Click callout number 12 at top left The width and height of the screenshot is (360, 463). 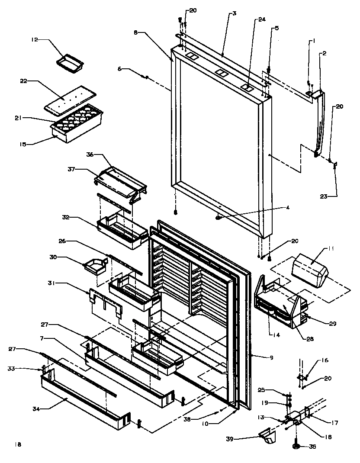pyautogui.click(x=34, y=39)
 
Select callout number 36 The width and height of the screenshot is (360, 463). pyautogui.click(x=90, y=154)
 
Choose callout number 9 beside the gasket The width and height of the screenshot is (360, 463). pyautogui.click(x=272, y=357)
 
